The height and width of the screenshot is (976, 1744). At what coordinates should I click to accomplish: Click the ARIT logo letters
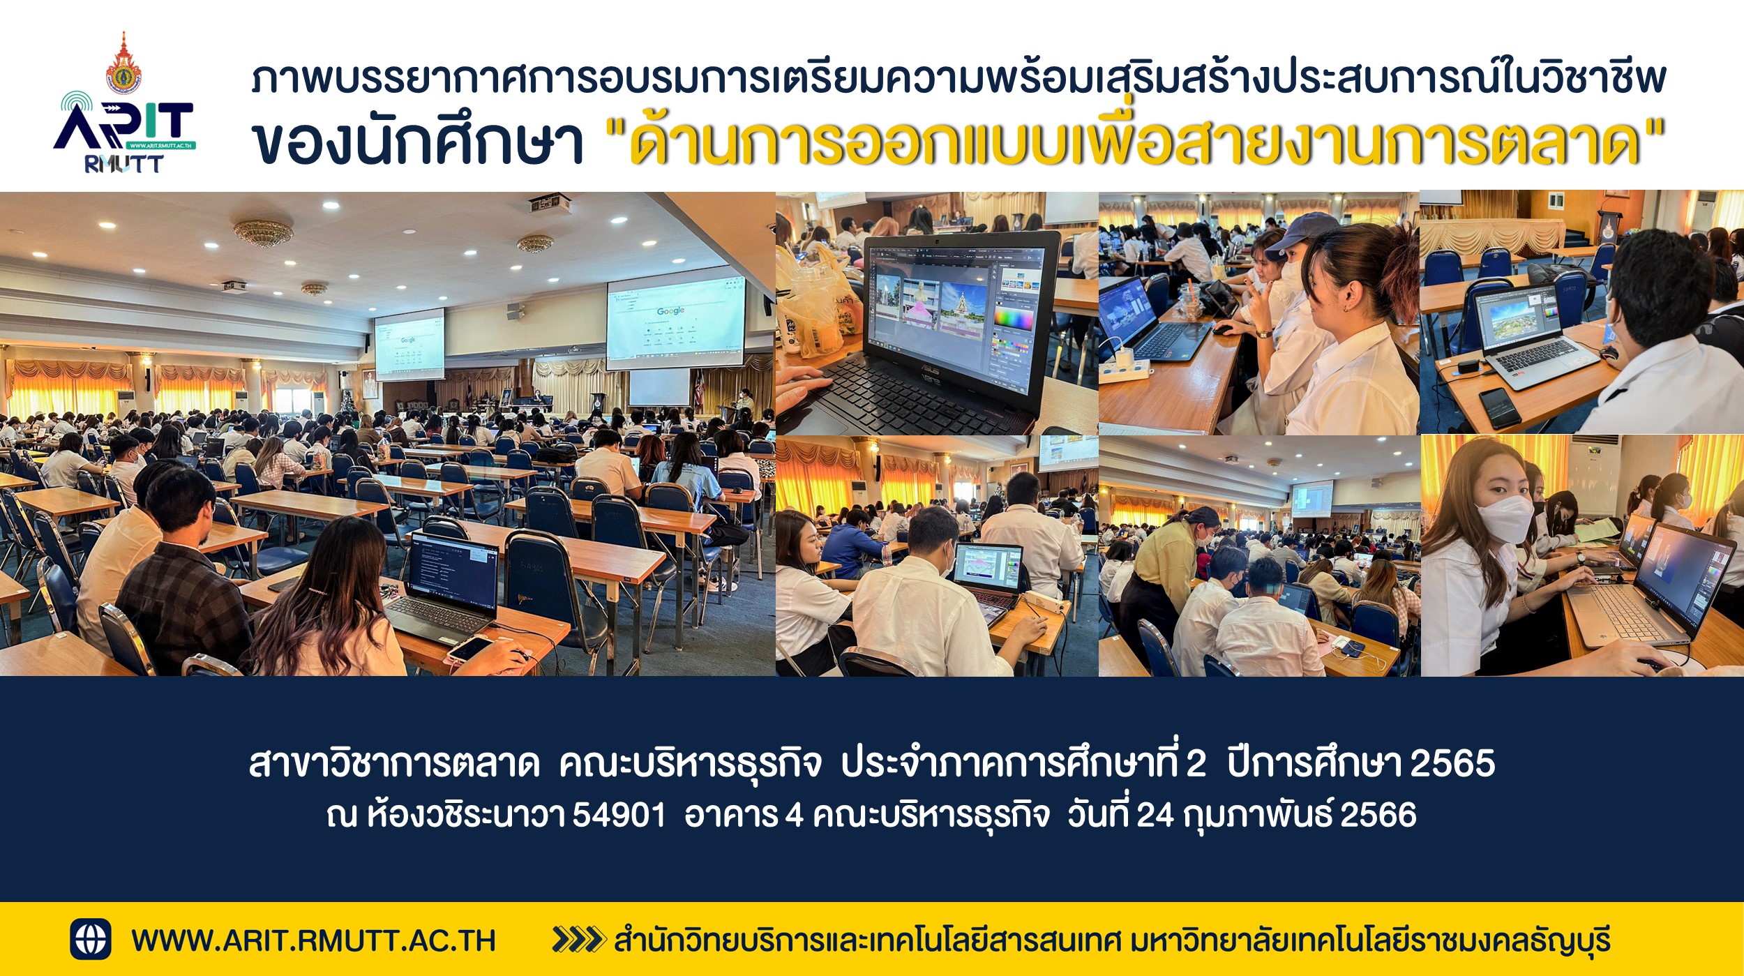[x=124, y=126]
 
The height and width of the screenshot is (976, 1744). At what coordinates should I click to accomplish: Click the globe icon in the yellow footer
[x=91, y=939]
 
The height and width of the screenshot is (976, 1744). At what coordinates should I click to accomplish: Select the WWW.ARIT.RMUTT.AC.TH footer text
[x=313, y=940]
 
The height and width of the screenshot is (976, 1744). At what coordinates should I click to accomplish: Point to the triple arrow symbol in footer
[x=578, y=939]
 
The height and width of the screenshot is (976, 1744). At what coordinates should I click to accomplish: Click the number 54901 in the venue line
[x=619, y=815]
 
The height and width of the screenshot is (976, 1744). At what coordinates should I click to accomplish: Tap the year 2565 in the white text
[x=1452, y=763]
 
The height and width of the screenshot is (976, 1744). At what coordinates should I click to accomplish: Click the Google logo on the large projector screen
[x=670, y=310]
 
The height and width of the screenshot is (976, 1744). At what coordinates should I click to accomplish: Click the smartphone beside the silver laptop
[x=1499, y=407]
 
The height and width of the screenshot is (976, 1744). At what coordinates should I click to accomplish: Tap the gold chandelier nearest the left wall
[x=263, y=232]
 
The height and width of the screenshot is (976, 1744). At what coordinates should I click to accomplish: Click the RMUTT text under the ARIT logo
[x=123, y=164]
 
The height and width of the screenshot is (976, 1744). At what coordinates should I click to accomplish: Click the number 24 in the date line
[x=1155, y=815]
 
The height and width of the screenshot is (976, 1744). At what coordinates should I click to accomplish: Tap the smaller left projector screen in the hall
[x=409, y=345]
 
